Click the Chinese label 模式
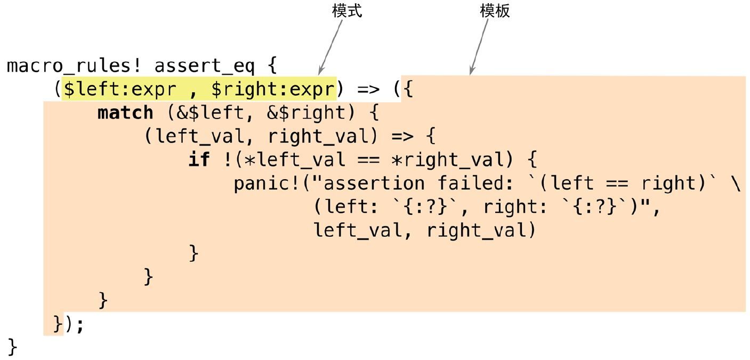coord(347,11)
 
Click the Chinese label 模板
coord(495,11)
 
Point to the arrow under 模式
coord(330,47)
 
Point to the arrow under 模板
coord(479,47)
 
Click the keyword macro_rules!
coord(74,66)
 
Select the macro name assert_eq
coord(204,66)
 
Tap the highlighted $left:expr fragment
coord(120,89)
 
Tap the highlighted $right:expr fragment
coord(273,89)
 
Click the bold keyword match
coord(125,113)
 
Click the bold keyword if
coord(199,159)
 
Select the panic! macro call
coord(266,183)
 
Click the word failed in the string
coord(475,183)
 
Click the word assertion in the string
coord(374,183)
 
